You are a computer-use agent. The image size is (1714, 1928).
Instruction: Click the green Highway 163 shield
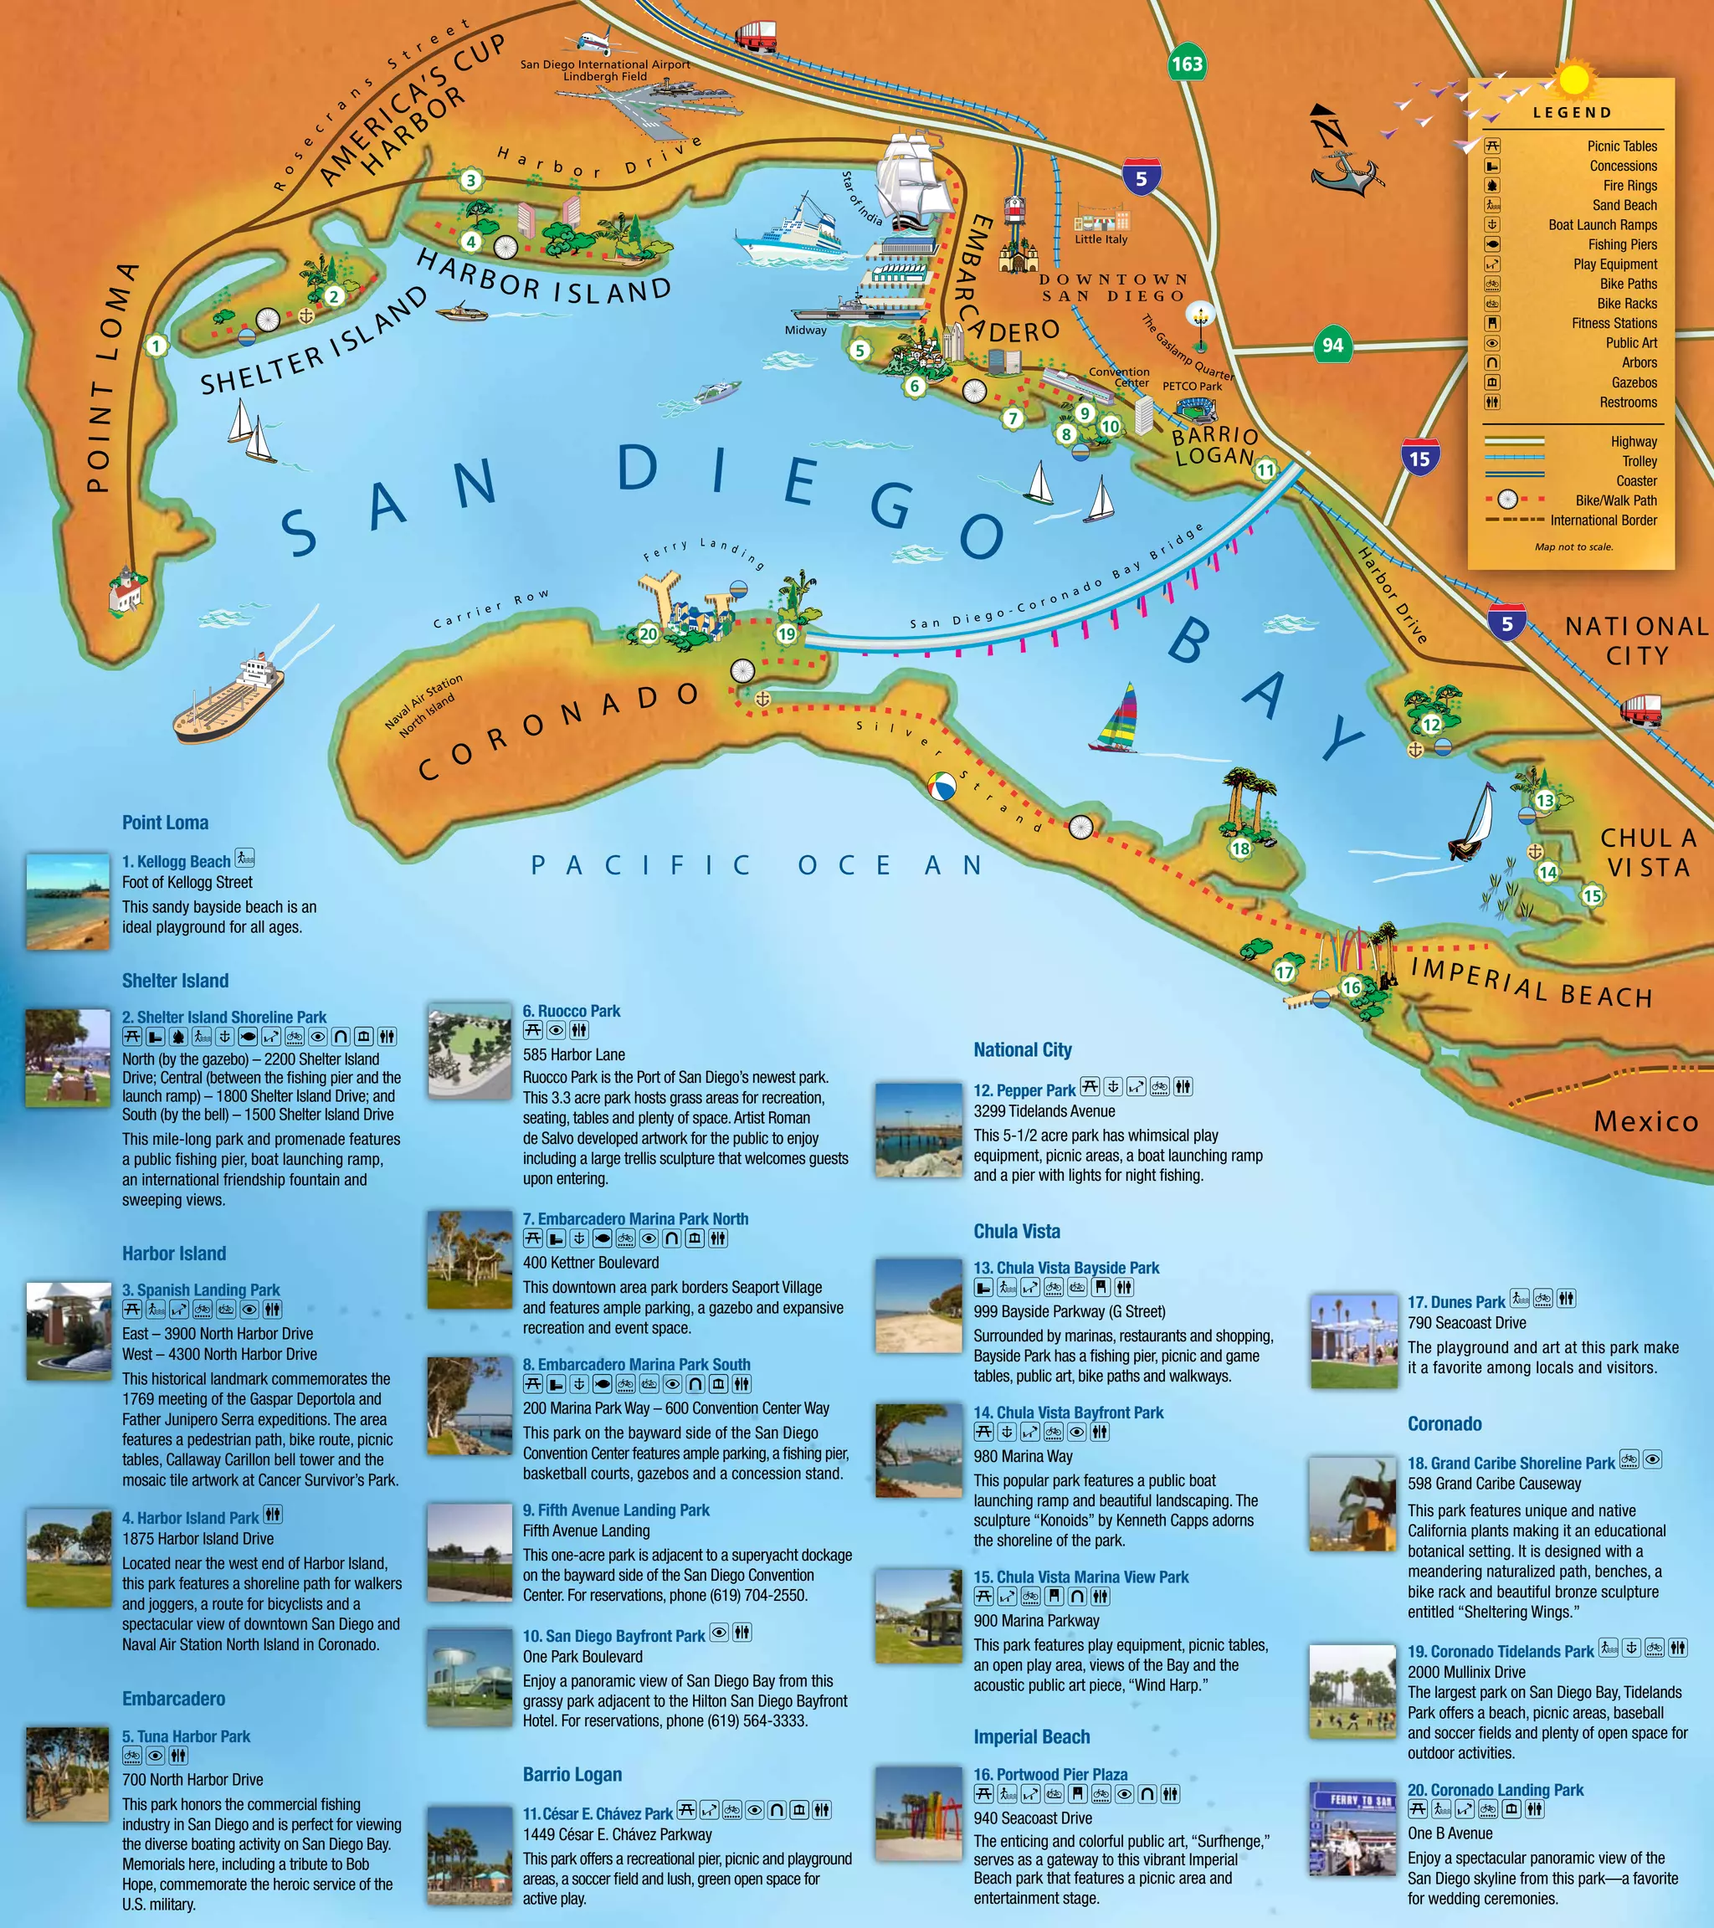[1187, 64]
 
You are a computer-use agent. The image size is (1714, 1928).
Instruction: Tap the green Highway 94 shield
[1332, 346]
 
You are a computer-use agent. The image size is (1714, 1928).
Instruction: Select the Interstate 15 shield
[1419, 459]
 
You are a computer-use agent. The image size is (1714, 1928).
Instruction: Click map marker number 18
[1240, 848]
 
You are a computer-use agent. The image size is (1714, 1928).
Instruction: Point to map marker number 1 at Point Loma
[157, 346]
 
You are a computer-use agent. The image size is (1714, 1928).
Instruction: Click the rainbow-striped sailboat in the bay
[1115, 719]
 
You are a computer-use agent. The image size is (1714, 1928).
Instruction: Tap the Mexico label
[1645, 1120]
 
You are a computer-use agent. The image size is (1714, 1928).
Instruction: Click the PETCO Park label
[1192, 386]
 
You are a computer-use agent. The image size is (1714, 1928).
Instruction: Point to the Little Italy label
[1101, 238]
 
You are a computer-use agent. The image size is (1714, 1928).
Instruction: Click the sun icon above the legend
[1573, 79]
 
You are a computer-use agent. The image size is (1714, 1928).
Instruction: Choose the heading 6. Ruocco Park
[572, 1011]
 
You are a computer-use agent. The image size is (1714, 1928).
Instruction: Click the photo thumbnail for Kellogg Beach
[68, 900]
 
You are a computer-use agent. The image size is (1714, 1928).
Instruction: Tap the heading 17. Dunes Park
[1455, 1302]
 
